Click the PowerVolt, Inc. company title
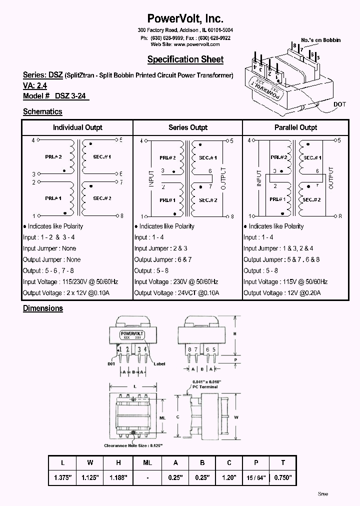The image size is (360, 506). point(185,18)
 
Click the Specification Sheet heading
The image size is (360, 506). point(185,59)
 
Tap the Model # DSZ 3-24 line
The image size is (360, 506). point(55,96)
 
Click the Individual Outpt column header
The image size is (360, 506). point(77,127)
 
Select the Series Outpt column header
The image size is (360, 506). point(188,127)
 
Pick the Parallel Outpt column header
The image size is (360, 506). point(296,127)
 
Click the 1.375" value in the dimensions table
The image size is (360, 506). point(63,477)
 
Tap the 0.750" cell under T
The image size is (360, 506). point(283,477)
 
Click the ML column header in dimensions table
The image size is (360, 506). point(147,463)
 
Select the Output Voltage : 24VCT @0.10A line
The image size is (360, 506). point(176,293)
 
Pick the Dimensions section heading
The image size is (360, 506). point(43,308)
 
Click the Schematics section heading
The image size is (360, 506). point(42,112)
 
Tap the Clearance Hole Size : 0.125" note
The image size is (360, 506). point(134,445)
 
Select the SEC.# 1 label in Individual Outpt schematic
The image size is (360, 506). point(102,157)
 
